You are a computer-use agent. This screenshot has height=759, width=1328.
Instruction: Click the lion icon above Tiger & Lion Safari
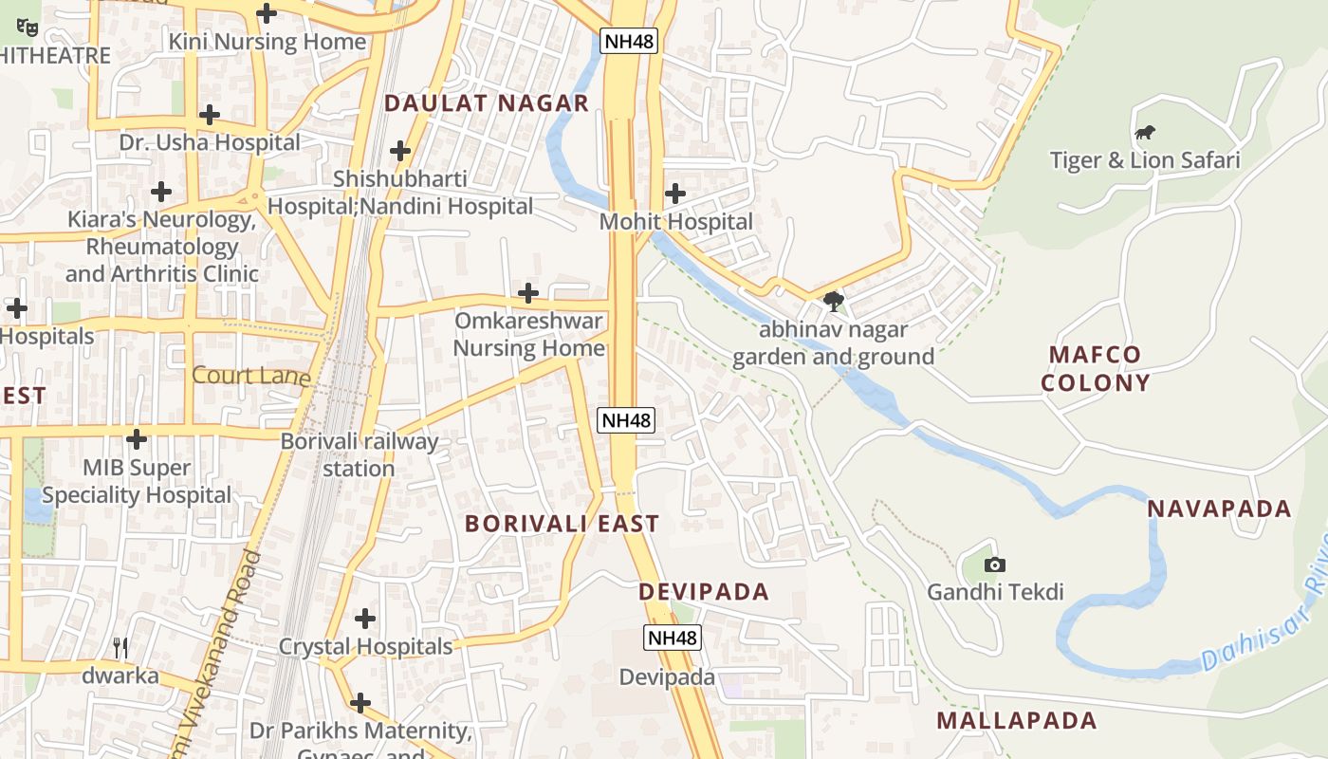point(1145,133)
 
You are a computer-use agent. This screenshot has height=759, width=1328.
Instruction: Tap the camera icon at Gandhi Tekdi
point(994,565)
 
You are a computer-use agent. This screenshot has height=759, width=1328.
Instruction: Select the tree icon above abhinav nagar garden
point(834,302)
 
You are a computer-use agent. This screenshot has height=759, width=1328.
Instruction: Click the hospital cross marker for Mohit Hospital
point(675,194)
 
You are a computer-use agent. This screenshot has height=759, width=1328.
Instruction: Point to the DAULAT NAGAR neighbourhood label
point(487,103)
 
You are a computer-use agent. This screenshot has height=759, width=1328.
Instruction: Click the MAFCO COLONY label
point(1095,369)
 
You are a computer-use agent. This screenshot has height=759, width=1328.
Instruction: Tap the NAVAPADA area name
point(1219,509)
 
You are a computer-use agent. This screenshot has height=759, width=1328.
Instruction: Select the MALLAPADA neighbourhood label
point(1016,720)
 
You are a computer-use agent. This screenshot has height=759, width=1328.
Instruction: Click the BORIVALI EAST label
point(562,524)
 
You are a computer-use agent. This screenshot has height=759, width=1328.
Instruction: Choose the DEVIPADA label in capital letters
point(703,592)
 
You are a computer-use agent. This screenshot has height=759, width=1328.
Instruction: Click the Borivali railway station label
point(360,454)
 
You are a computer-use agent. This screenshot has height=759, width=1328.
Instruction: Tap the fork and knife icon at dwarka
point(120,648)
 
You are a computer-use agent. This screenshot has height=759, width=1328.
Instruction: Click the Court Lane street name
point(250,376)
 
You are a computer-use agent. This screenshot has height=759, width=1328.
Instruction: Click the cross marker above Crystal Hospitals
point(365,620)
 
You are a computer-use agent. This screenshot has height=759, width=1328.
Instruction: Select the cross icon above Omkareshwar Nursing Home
point(528,293)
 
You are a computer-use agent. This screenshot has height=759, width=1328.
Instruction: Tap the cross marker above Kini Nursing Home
point(267,13)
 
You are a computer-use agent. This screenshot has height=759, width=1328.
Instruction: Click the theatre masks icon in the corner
point(28,28)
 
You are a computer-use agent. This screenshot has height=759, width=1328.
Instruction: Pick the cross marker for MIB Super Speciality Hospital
point(137,439)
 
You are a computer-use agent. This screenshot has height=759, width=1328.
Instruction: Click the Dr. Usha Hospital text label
point(210,142)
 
